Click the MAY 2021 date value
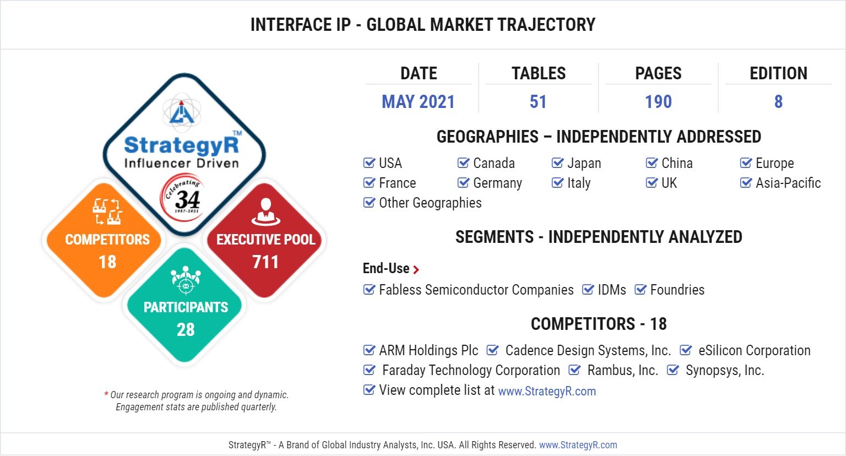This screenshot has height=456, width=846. [x=418, y=102]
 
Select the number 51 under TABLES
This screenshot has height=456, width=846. [x=538, y=102]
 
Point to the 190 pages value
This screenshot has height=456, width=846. [x=658, y=102]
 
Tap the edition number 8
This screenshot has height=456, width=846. [x=778, y=102]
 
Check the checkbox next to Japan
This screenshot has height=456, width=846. [x=557, y=162]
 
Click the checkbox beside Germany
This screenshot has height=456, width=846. [x=463, y=183]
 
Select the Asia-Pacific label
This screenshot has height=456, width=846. [x=788, y=183]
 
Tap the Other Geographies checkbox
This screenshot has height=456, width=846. [x=369, y=203]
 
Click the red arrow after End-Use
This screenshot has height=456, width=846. [x=416, y=269]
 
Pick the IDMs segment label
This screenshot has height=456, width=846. [x=612, y=290]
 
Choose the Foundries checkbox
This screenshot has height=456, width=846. [x=640, y=290]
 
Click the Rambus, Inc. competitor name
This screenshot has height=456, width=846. [x=623, y=371]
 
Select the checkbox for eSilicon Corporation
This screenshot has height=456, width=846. [x=686, y=350]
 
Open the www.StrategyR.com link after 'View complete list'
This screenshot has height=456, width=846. [x=547, y=391]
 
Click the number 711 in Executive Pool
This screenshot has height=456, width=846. [x=265, y=262]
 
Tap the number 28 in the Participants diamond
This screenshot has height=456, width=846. [x=186, y=329]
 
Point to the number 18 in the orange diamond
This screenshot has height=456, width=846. [x=107, y=262]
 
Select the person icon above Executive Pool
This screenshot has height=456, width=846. [x=266, y=212]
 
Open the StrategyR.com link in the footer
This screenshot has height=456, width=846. [x=578, y=445]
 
